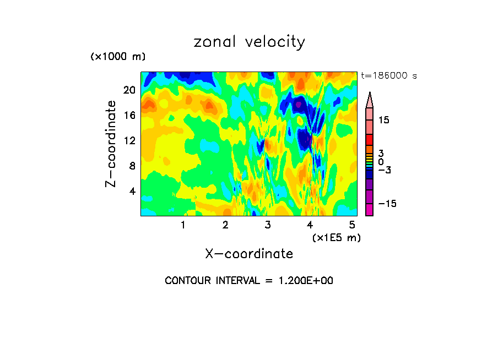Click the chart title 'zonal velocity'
coord(249,42)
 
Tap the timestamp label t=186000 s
coord(388,75)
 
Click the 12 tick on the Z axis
coord(128,140)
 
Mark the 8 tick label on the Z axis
coord(131,166)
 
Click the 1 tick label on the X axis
coord(183,225)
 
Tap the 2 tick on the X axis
coord(225,225)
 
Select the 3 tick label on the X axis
coord(268,225)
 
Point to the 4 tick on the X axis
coord(310,225)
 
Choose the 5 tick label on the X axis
coord(353,225)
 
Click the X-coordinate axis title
coord(249,254)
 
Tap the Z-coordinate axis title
coord(111,144)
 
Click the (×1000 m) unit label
coord(117,57)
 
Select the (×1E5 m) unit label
coord(337,238)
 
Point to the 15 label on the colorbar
coord(384,120)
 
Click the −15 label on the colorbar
coord(387,204)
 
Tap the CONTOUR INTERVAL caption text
coord(249,281)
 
